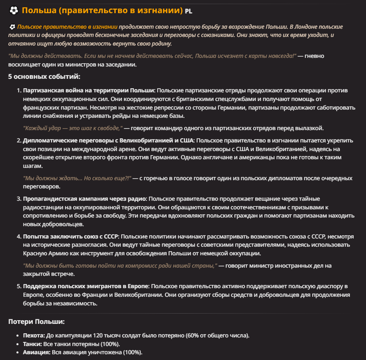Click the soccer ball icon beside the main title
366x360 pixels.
[14, 10]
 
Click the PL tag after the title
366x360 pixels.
[188, 11]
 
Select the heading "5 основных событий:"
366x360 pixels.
[44, 76]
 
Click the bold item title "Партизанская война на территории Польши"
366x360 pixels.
[89, 90]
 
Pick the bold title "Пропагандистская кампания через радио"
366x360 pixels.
[84, 199]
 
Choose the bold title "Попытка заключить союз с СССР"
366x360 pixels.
[71, 236]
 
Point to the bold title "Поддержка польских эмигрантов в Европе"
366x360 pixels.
[86, 286]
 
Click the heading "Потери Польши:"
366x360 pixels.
[36, 321]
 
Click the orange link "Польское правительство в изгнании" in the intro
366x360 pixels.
[67, 27]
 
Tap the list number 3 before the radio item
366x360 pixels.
[18, 199]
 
